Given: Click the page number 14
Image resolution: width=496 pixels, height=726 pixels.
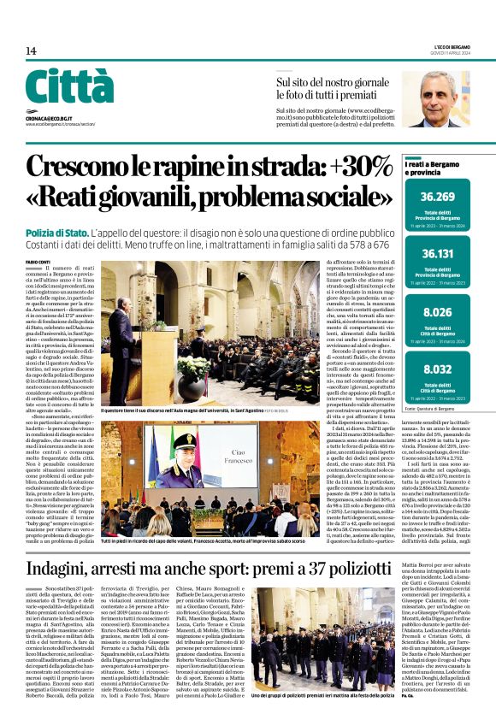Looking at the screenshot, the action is pyautogui.click(x=30, y=51).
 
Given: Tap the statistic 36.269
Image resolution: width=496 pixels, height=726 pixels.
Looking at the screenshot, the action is pyautogui.click(x=443, y=197).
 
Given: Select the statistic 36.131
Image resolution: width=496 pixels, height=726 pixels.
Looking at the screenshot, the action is pyautogui.click(x=443, y=253).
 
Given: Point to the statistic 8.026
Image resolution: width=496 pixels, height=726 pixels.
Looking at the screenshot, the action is pyautogui.click(x=443, y=312).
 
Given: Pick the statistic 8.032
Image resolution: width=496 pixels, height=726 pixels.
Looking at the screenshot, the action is pyautogui.click(x=443, y=369).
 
